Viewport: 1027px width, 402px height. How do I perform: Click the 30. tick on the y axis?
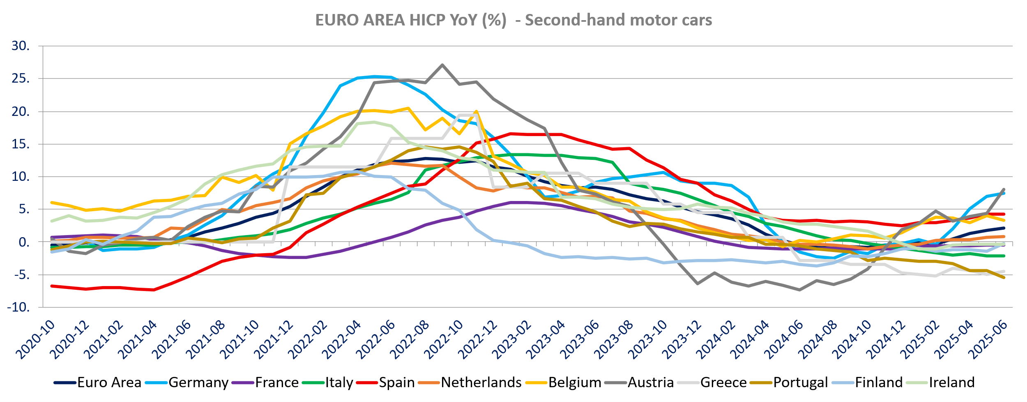[x=21, y=46]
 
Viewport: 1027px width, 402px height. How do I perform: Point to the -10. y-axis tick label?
[x=18, y=307]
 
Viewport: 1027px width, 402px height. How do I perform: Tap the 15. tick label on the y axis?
[x=21, y=144]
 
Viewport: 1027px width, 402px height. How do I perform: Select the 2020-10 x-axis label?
[x=36, y=340]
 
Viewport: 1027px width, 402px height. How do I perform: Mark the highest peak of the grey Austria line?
[x=442, y=65]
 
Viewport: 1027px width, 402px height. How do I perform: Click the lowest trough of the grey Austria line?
[x=799, y=290]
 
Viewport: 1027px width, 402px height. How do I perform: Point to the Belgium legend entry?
[x=574, y=383]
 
